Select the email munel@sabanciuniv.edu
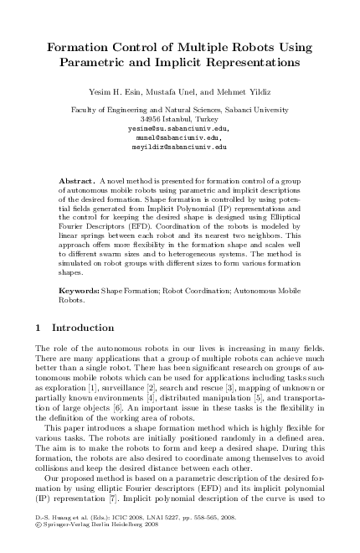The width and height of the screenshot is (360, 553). coord(180,137)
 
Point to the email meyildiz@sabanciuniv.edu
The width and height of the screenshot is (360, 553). coord(180,147)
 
